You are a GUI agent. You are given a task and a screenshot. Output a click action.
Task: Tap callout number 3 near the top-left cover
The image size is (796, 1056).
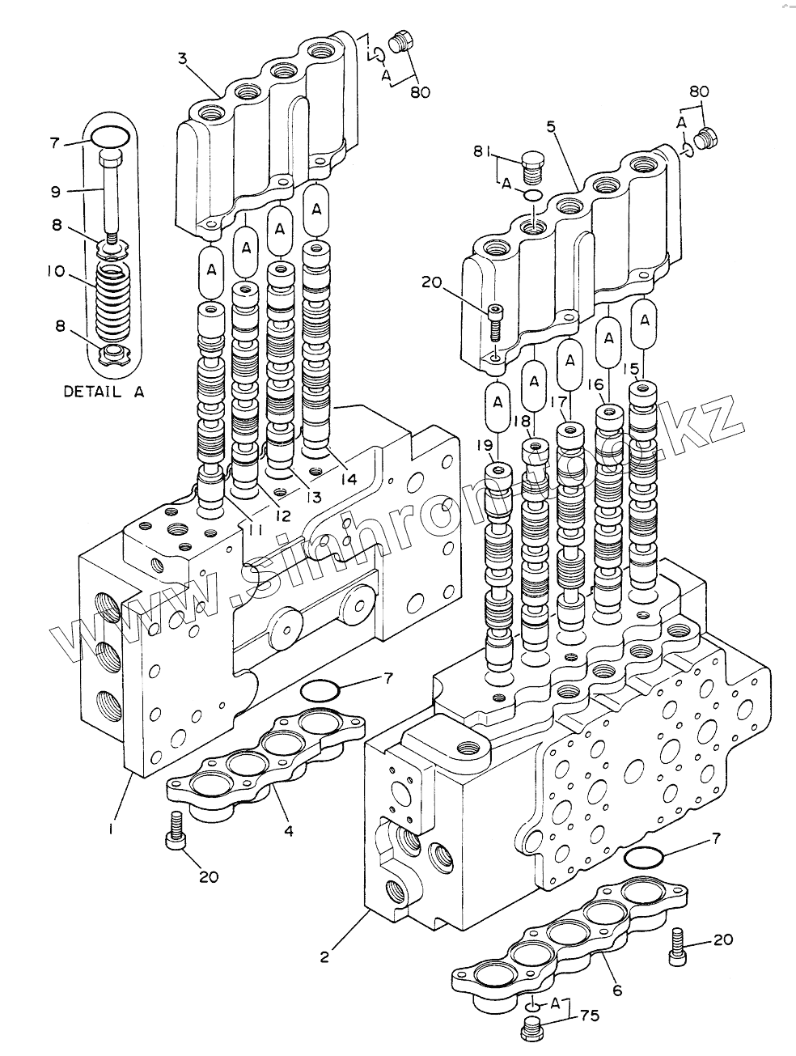click(x=183, y=57)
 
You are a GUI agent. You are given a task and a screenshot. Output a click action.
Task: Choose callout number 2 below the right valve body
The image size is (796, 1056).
click(x=324, y=957)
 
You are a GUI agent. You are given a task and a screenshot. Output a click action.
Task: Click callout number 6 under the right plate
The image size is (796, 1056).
click(x=616, y=989)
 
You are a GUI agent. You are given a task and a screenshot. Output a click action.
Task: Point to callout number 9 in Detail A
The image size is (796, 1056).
click(x=55, y=192)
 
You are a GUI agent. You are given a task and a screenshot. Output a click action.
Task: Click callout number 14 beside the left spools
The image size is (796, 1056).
click(x=348, y=479)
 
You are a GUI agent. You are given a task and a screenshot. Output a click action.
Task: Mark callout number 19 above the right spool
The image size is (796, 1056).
click(x=484, y=444)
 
